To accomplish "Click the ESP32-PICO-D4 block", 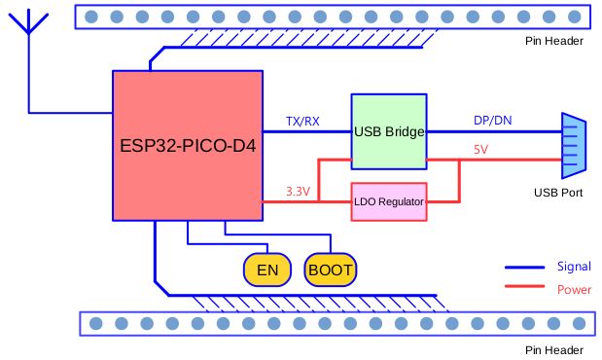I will (188, 146).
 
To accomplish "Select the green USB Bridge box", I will (389, 131).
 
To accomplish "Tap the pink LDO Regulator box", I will (389, 201).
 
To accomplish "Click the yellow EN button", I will (263, 270).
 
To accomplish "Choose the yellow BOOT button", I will (331, 270).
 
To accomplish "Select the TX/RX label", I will (302, 122).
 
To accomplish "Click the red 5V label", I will (481, 151).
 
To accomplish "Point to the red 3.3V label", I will (298, 192).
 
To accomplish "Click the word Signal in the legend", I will (574, 267).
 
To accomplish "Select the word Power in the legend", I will (574, 289).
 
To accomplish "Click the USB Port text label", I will (558, 193).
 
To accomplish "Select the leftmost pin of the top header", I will (91, 17).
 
